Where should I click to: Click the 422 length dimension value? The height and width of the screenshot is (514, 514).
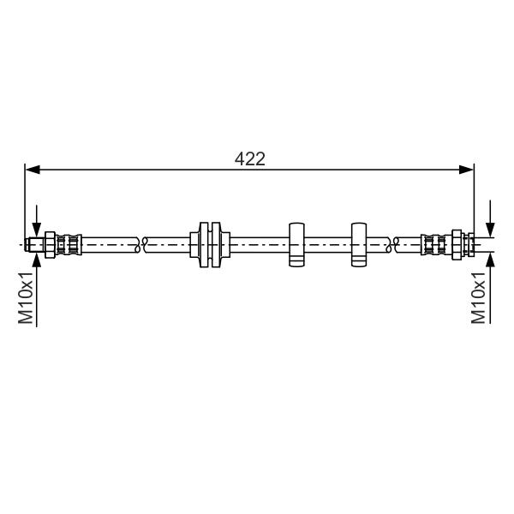[x=250, y=159]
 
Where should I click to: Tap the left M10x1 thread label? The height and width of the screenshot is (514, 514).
[x=26, y=297]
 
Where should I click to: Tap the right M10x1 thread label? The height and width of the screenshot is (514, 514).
[x=478, y=297]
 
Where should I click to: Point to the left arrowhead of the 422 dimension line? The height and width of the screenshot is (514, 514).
[x=33, y=170]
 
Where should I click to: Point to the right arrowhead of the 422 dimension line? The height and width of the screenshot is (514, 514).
[x=466, y=170]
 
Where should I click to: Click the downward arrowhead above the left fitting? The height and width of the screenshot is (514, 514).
[x=37, y=229]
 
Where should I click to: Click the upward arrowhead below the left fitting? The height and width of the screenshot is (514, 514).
[x=37, y=260]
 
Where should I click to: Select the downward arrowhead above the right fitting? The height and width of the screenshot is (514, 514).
[x=490, y=229]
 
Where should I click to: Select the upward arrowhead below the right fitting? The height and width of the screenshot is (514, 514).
[x=490, y=260]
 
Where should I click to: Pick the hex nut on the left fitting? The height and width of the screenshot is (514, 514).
[x=50, y=245]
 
